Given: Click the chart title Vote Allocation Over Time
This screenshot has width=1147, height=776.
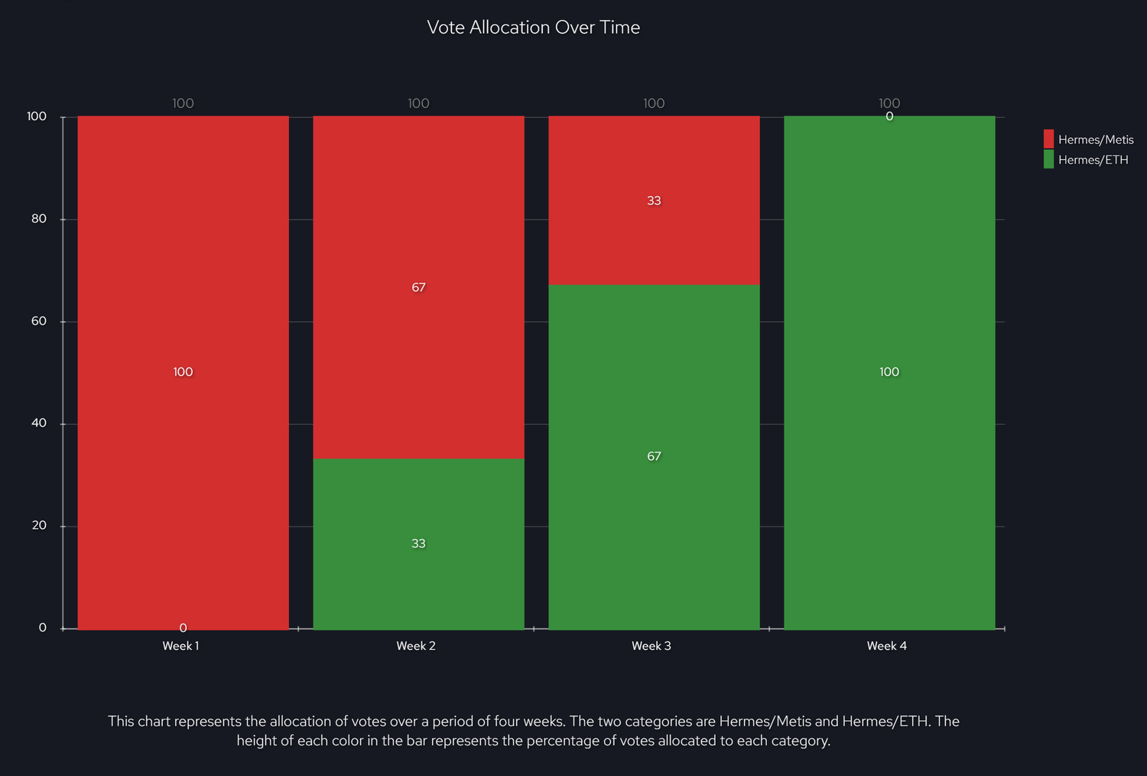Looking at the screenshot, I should [533, 28].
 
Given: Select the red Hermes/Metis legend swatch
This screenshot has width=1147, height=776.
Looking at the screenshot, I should [1048, 139].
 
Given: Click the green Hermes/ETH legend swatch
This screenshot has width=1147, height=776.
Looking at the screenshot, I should [1048, 159].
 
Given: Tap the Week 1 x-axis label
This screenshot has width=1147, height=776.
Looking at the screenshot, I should [180, 646].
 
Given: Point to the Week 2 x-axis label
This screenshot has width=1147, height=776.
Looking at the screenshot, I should [416, 646].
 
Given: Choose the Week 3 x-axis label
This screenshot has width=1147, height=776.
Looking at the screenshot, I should [651, 646].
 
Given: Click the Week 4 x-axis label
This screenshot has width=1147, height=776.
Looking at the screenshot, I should [887, 646].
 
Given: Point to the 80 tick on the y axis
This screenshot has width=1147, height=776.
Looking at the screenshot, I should [39, 219].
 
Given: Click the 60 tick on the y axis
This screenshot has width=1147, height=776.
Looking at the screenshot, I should [39, 321].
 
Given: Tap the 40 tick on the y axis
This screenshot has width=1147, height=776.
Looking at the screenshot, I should [39, 423].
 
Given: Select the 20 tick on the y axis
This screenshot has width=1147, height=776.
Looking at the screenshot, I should [39, 526].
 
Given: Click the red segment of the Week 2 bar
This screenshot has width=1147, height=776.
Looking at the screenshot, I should [418, 230].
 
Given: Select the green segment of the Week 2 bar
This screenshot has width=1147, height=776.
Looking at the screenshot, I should [418, 582].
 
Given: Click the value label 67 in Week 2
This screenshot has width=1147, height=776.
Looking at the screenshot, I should [418, 288].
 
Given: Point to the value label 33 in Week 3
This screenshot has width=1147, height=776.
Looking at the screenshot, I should [654, 201].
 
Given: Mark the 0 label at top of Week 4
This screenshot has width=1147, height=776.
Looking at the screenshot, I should [889, 117].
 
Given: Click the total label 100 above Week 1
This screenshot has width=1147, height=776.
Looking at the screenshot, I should [183, 103].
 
